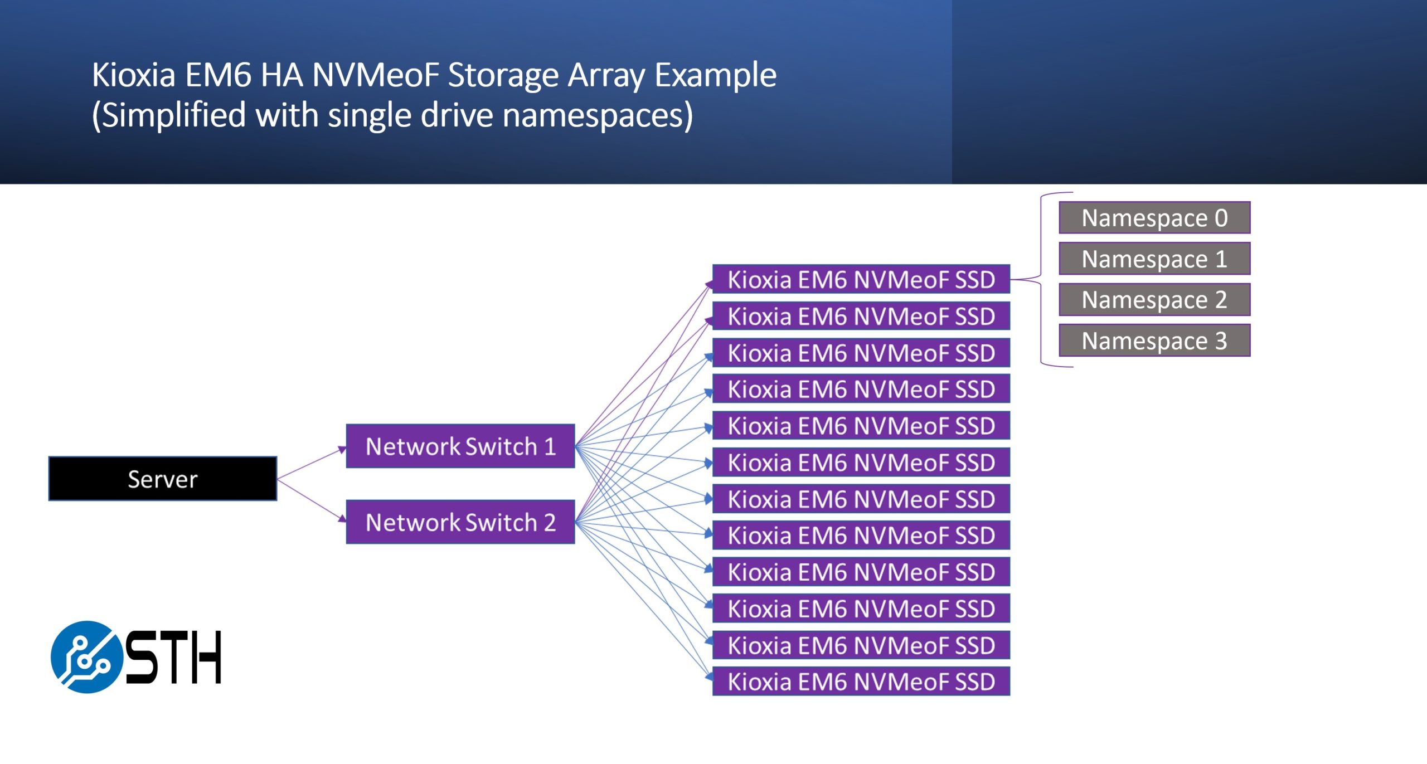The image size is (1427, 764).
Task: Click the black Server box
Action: pos(162,479)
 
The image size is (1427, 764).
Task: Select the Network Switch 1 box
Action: pos(460,446)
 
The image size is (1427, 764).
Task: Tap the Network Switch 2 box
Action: pos(460,522)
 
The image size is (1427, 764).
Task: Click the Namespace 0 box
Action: pos(1154,218)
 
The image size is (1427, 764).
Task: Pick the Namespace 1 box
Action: pos(1154,259)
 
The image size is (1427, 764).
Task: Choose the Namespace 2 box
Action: pos(1154,300)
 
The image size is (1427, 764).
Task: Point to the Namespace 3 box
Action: pos(1154,340)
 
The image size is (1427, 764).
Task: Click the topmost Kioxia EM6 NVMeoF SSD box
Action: pos(861,279)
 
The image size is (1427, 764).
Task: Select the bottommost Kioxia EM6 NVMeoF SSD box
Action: pos(861,682)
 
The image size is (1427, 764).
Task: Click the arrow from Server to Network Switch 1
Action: pos(311,464)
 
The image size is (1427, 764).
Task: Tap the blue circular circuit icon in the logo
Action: pos(86,657)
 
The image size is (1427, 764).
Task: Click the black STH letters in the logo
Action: pos(173,658)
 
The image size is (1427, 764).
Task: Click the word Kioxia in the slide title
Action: pos(134,75)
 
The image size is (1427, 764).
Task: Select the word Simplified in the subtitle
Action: pos(173,115)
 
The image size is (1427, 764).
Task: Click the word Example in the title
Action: pos(715,75)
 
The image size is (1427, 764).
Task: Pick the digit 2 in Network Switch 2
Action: pos(550,523)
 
